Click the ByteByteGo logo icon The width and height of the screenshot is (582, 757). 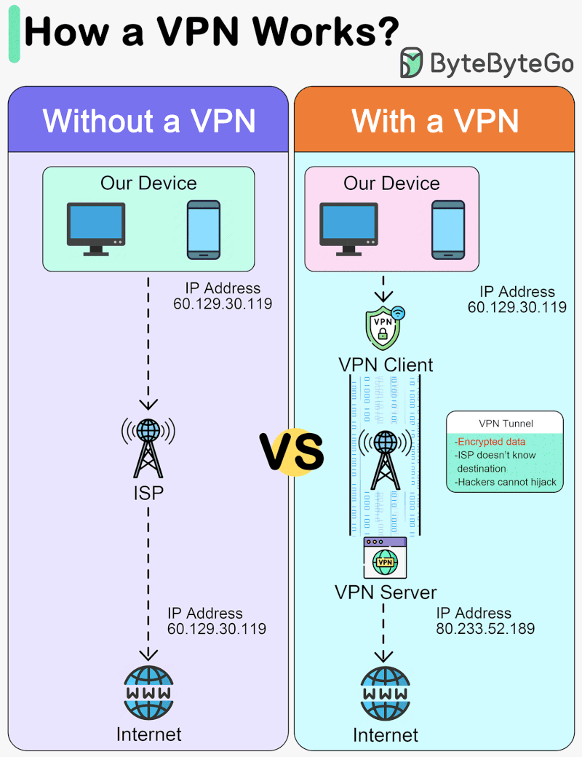412,63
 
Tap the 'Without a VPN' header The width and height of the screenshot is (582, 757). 149,120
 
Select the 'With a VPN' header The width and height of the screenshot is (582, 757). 435,120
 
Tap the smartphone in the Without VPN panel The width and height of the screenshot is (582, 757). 203,229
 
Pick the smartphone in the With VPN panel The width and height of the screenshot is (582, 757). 447,229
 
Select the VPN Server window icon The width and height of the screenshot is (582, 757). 385,558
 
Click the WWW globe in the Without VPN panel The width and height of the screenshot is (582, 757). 148,692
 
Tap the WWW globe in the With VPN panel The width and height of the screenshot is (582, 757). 386,692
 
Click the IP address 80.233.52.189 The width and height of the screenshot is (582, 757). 485,628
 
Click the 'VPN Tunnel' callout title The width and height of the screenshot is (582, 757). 506,424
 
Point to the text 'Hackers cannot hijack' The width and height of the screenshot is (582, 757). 505,482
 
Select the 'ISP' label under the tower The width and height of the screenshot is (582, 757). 148,494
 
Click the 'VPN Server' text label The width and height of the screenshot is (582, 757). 386,592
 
